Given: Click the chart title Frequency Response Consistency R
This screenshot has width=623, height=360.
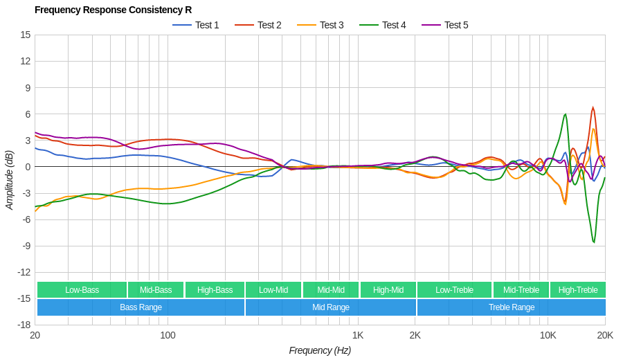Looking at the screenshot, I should click(113, 10).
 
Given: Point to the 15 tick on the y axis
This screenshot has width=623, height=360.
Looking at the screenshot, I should click(26, 35).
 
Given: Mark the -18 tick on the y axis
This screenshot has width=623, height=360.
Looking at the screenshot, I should click(24, 325).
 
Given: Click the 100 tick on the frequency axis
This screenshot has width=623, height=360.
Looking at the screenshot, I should click(168, 335).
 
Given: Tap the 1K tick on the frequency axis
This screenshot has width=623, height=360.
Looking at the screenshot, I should click(358, 335).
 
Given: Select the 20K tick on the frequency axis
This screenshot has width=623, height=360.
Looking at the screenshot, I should click(605, 335).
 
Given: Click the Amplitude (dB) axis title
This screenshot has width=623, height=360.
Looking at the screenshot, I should click(10, 180).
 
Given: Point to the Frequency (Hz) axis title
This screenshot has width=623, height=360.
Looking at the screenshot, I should click(320, 350).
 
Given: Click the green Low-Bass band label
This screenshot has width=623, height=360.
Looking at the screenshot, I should click(82, 290).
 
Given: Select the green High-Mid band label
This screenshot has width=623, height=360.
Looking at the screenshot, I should click(388, 290).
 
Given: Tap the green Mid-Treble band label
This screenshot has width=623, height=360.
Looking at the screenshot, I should click(521, 290).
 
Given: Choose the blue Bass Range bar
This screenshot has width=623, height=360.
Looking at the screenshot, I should click(141, 307).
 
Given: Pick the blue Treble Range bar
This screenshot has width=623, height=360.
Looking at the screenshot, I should click(512, 307).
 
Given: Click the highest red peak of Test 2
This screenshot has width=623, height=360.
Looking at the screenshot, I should click(593, 107).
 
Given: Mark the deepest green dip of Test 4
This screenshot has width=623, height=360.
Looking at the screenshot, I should click(594, 242).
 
